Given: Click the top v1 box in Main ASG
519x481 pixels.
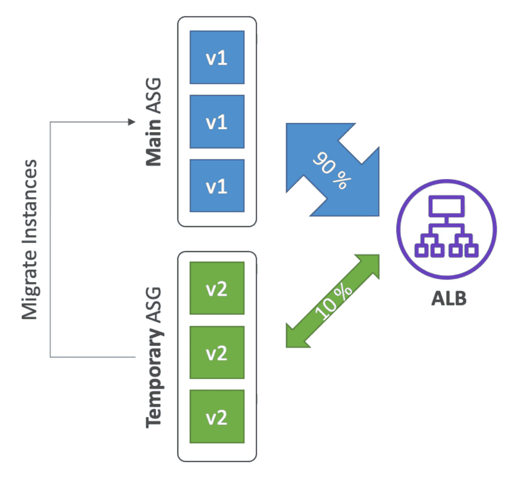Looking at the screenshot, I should coord(217,57).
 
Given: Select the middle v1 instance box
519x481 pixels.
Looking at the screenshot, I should coord(217,121).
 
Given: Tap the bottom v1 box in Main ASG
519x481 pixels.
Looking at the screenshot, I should coord(217,185).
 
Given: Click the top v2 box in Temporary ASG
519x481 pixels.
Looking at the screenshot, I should coord(217,288).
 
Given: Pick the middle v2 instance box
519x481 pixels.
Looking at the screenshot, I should coord(217,352).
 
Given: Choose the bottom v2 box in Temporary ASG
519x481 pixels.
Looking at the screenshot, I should coord(217,416).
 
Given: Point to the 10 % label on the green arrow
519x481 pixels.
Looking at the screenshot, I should coord(333,301).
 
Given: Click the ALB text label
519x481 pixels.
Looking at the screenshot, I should coord(449,299).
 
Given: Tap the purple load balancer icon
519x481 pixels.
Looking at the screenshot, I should coord(446,229).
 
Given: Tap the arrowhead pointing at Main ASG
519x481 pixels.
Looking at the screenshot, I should coord(132,122).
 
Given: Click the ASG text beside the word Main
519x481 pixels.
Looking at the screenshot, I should coord(153,96).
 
